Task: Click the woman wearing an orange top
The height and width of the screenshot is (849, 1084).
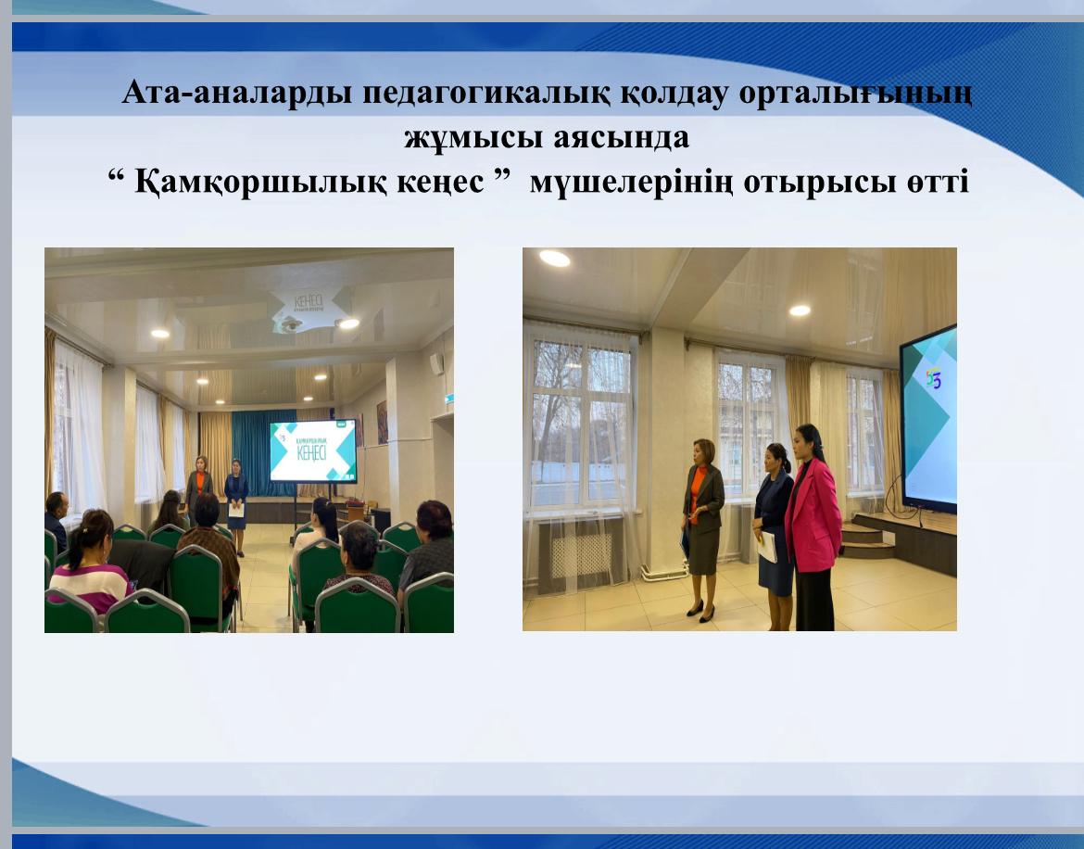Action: click(x=703, y=519)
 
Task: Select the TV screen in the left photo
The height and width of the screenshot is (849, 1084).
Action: click(x=312, y=450)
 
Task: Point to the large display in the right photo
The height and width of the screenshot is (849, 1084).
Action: click(x=929, y=417)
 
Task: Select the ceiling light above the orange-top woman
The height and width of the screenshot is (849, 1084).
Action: click(x=800, y=310)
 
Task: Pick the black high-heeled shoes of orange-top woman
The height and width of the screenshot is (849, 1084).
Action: click(x=700, y=611)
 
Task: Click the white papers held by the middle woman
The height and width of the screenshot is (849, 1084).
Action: click(x=767, y=547)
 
